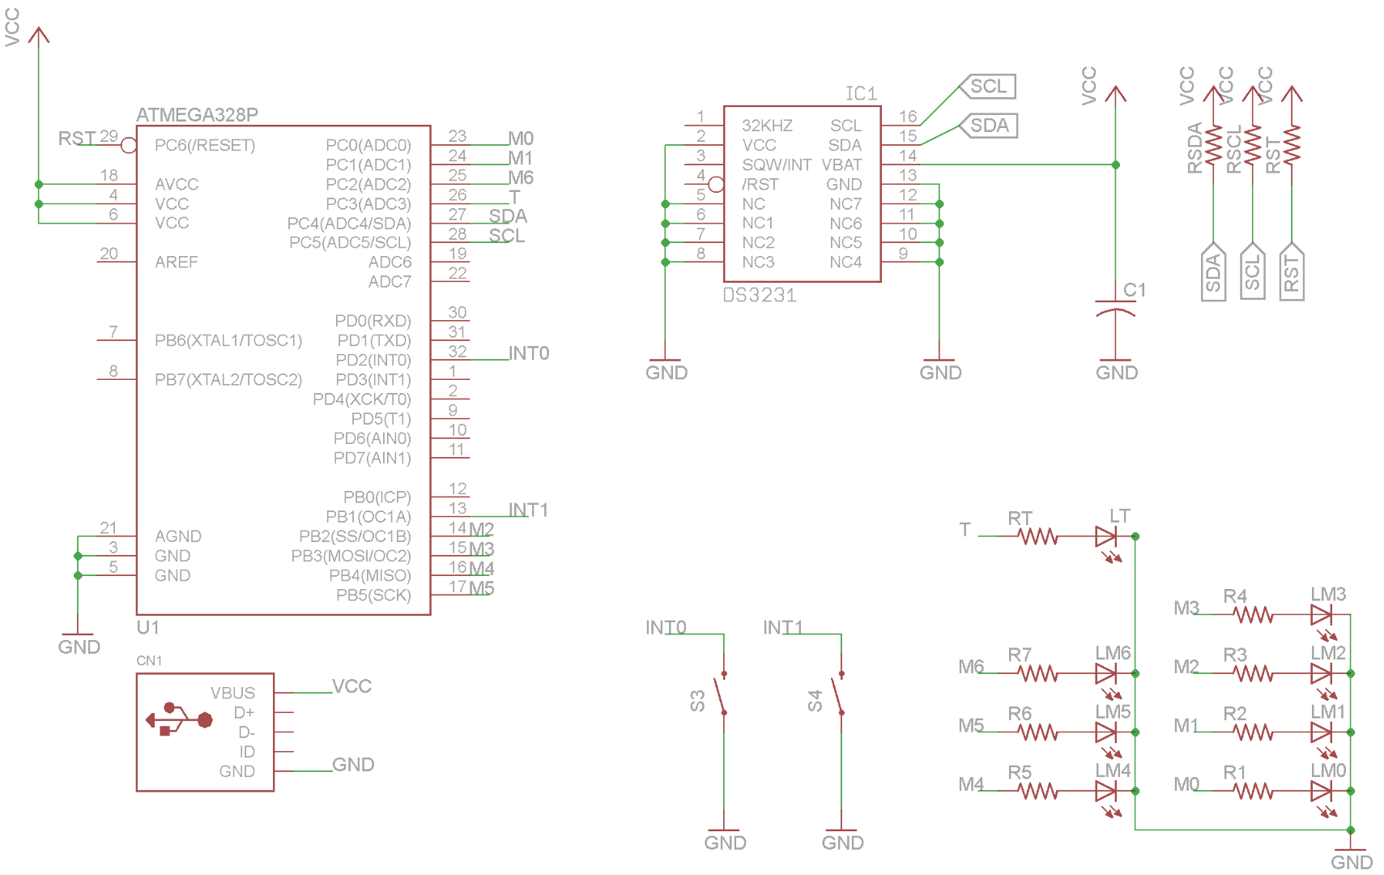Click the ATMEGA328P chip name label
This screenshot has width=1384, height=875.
click(x=197, y=114)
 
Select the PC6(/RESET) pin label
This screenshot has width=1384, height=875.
click(x=205, y=145)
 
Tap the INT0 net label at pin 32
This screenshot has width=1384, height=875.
click(x=528, y=353)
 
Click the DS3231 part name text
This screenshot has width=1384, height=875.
click(x=760, y=296)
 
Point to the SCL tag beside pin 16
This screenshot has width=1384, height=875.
click(x=988, y=87)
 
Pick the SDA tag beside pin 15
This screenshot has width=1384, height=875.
click(x=989, y=126)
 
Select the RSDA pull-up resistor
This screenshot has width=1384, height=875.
click(x=1213, y=146)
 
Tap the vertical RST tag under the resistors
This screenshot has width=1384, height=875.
click(x=1292, y=272)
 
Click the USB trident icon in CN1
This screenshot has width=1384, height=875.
click(x=179, y=719)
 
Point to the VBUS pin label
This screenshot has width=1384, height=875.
click(x=232, y=694)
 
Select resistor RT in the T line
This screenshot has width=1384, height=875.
click(x=1037, y=536)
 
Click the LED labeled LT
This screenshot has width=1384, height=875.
click(x=1106, y=536)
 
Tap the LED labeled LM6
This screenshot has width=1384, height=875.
click(x=1106, y=673)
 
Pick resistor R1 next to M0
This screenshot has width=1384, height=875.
click(x=1253, y=791)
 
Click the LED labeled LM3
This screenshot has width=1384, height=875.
click(x=1321, y=615)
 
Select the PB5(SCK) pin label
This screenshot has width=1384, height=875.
click(x=373, y=595)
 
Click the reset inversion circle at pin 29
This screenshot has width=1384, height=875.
click(x=129, y=146)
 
